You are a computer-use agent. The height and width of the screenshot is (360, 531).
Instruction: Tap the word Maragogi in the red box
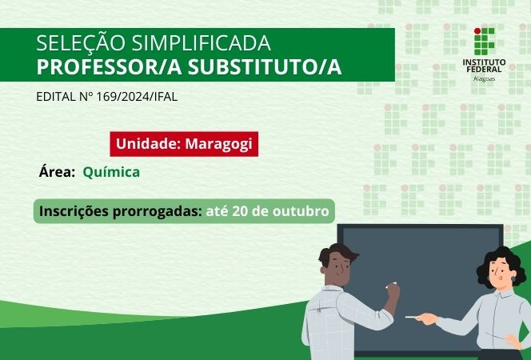(x=222, y=144)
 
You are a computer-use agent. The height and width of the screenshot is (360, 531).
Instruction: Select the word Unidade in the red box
(x=148, y=144)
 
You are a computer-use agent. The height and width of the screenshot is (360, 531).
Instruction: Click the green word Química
(x=111, y=171)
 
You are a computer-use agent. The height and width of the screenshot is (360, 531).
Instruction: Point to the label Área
(x=57, y=171)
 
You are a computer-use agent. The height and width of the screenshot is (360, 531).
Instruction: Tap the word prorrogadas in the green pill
(x=158, y=212)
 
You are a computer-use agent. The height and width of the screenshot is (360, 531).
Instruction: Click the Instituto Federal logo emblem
(x=485, y=41)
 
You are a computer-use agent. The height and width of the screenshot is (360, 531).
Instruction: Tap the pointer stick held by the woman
(x=416, y=318)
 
